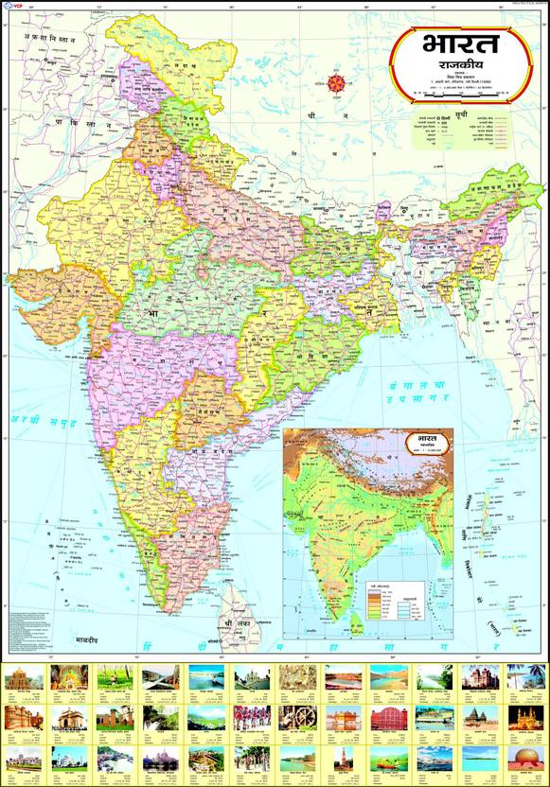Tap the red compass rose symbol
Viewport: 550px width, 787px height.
(x=334, y=83)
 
